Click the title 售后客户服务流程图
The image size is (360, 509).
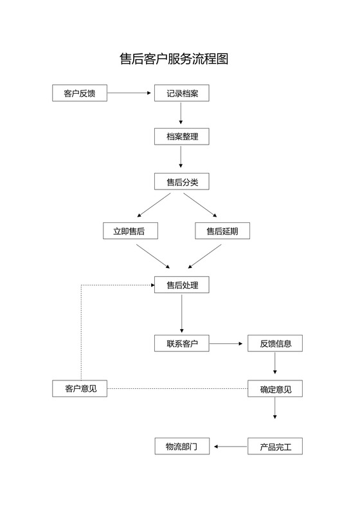point(174,59)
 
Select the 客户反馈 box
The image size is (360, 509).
point(80,94)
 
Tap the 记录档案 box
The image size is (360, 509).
point(182,94)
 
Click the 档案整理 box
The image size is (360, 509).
point(182,137)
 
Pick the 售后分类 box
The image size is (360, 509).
point(182,183)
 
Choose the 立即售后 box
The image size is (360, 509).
point(130,231)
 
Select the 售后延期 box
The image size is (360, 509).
point(222,231)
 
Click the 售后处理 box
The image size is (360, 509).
point(182,285)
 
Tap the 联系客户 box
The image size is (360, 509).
point(182,344)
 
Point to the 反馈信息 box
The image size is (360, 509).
point(275,344)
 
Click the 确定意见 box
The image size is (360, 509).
point(275,389)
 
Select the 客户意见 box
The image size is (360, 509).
point(80,389)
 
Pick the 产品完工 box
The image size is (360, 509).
point(275,446)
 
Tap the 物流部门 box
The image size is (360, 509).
point(182,446)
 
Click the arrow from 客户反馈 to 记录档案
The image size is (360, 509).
point(130,94)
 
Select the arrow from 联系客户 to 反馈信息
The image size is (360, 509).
point(228,344)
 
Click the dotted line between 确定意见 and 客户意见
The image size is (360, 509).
point(177,389)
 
